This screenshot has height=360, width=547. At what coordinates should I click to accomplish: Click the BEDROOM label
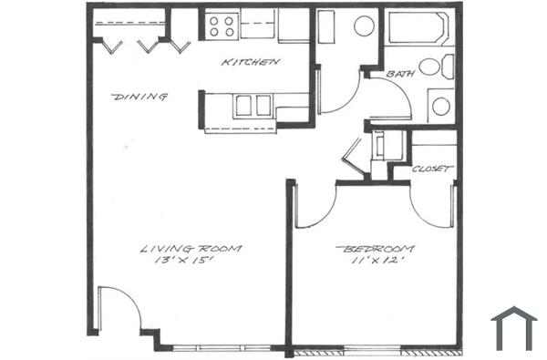[375, 248]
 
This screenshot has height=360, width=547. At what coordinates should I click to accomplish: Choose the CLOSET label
[432, 170]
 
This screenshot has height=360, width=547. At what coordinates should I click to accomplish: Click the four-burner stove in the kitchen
[222, 25]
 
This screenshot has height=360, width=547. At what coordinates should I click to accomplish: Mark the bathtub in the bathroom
[416, 27]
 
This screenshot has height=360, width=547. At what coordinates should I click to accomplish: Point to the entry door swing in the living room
[119, 310]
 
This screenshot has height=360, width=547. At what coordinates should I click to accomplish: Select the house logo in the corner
[513, 327]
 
